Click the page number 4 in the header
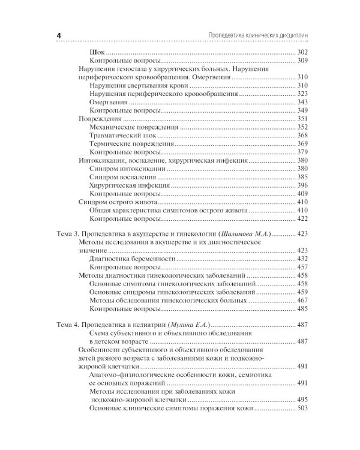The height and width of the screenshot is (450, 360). click(x=59, y=35)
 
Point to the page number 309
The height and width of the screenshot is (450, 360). click(x=302, y=61)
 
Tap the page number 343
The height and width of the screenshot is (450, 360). click(x=302, y=103)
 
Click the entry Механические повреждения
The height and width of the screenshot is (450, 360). click(x=133, y=127)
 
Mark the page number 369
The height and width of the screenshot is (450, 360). click(x=302, y=144)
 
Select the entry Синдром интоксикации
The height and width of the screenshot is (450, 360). click(x=127, y=169)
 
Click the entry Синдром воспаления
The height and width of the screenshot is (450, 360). click(x=122, y=178)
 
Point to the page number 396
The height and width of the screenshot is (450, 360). click(x=302, y=186)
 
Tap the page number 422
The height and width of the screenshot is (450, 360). click(x=302, y=220)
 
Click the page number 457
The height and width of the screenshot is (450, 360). click(x=302, y=266)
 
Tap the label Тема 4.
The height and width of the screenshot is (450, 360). click(x=71, y=325)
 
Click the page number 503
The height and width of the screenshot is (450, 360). click(x=302, y=408)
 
